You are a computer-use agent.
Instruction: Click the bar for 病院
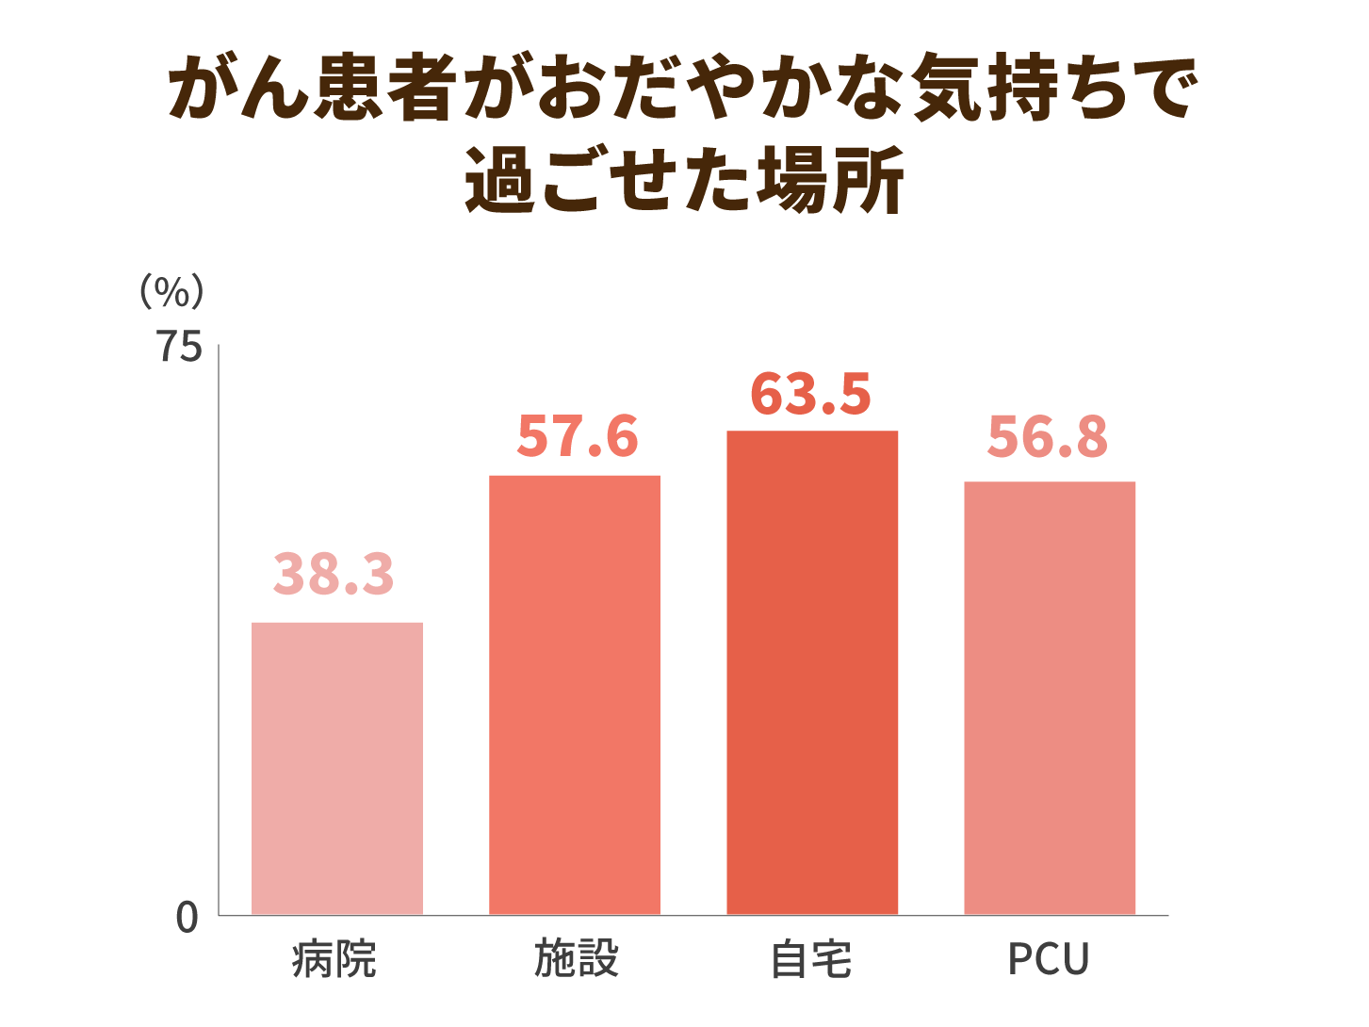(336, 768)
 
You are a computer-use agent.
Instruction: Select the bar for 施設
(574, 694)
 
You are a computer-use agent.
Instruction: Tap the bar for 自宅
(811, 672)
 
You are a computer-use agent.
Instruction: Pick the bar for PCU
(1049, 697)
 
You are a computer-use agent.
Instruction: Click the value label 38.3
(334, 574)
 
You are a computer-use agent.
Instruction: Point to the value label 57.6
(578, 436)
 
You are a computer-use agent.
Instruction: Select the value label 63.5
(811, 394)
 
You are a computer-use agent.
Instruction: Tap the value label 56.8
(1048, 437)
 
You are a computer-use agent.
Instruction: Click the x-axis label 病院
(334, 960)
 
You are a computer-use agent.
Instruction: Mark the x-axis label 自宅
(811, 960)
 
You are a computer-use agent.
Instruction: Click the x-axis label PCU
(1049, 960)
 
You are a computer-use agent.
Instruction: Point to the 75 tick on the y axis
(179, 348)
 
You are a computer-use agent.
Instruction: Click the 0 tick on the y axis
(187, 918)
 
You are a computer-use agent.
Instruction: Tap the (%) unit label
(171, 292)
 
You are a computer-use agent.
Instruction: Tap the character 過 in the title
(501, 179)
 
